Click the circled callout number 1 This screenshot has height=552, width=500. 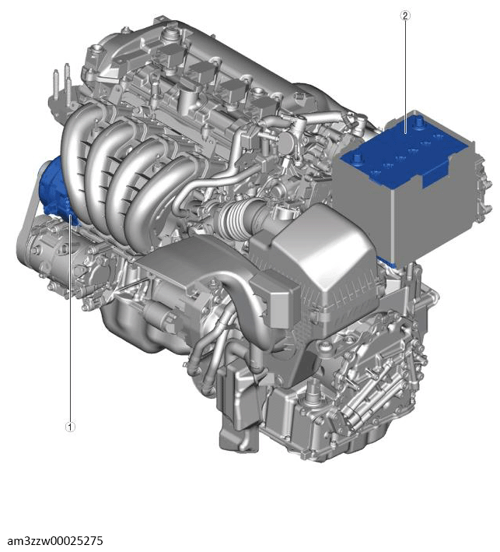click(70, 427)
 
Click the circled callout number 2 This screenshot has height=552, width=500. click(405, 16)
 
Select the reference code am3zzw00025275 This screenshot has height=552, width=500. click(55, 540)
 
